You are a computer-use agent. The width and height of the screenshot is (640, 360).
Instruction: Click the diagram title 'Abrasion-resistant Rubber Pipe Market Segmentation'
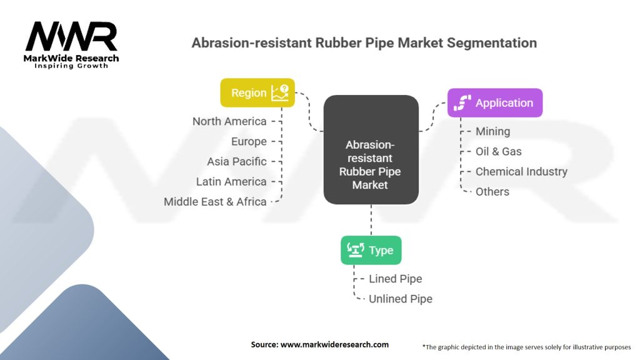pyautogui.click(x=364, y=43)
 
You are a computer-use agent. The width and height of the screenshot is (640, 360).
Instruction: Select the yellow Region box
pyautogui.click(x=257, y=92)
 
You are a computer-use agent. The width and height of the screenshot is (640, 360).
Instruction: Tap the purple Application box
pyautogui.click(x=494, y=103)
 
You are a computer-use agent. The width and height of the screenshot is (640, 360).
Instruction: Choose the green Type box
pyautogui.click(x=371, y=250)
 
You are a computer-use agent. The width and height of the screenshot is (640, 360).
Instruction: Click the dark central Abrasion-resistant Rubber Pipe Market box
pyautogui.click(x=371, y=149)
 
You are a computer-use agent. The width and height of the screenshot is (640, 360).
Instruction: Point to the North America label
pyautogui.click(x=229, y=121)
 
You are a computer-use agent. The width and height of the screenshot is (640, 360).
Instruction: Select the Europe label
pyautogui.click(x=249, y=141)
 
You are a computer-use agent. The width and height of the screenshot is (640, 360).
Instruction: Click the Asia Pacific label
pyautogui.click(x=237, y=161)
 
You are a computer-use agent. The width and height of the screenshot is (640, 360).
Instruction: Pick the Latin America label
pyautogui.click(x=232, y=181)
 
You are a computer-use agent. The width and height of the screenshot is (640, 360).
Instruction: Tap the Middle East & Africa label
pyautogui.click(x=215, y=201)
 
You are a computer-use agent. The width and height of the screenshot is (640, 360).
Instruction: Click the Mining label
pyautogui.click(x=492, y=131)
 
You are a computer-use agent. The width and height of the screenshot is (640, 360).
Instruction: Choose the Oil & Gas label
pyautogui.click(x=498, y=151)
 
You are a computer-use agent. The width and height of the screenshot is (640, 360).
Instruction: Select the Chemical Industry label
pyautogui.click(x=521, y=171)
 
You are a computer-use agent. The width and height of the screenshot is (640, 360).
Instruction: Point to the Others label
pyautogui.click(x=492, y=191)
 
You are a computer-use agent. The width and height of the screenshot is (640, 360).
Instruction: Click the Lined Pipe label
pyautogui.click(x=395, y=279)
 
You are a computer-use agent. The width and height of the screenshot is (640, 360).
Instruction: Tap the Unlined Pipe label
pyautogui.click(x=400, y=299)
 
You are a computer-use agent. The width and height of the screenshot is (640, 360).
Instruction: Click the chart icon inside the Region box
pyautogui.click(x=280, y=92)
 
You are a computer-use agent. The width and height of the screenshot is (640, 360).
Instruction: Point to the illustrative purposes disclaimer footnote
pyautogui.click(x=527, y=346)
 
